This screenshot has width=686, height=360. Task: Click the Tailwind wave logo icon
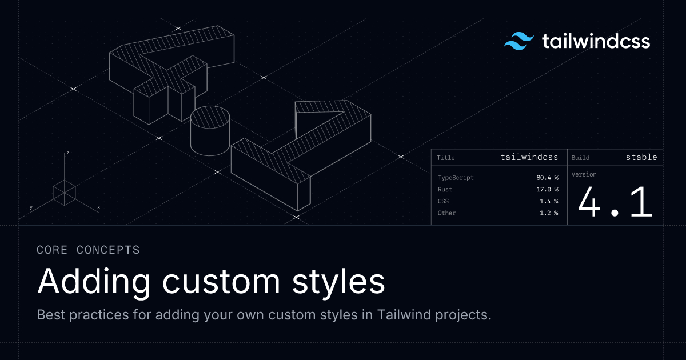pyautogui.click(x=519, y=42)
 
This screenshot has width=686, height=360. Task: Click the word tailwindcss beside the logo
pyautogui.click(x=595, y=42)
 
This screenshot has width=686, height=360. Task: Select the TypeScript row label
pyautogui.click(x=456, y=178)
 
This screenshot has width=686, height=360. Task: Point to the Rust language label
pyautogui.click(x=445, y=189)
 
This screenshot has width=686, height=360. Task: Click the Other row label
pyautogui.click(x=446, y=213)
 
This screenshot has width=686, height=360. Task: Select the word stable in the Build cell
pyautogui.click(x=641, y=157)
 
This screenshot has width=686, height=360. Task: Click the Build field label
pyautogui.click(x=580, y=158)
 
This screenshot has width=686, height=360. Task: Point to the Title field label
pyautogui.click(x=445, y=158)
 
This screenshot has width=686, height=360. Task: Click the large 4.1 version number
pyautogui.click(x=615, y=202)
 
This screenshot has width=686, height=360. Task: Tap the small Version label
pyautogui.click(x=584, y=174)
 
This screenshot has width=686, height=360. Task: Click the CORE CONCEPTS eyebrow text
pyautogui.click(x=88, y=250)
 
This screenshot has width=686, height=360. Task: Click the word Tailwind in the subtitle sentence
pyautogui.click(x=402, y=315)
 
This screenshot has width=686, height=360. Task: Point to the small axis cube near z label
pyautogui.click(x=65, y=192)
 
